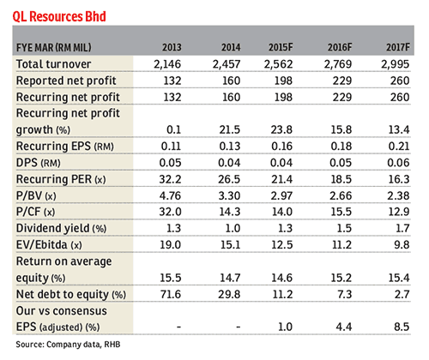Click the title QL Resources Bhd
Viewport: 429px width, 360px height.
coord(59,16)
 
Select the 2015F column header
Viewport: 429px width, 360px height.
coord(281,47)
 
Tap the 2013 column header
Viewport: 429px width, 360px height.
coord(172,47)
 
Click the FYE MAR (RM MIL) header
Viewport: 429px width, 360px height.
coord(54,47)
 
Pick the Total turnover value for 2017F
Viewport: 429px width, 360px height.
coord(395,64)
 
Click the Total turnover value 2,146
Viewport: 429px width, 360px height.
coord(167,64)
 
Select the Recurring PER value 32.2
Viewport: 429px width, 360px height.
coord(170,179)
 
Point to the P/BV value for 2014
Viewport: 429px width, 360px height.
coord(229,195)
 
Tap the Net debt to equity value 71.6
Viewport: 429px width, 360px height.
coord(170,294)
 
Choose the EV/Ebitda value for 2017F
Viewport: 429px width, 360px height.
coord(402,245)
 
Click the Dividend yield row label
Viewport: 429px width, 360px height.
coord(61,228)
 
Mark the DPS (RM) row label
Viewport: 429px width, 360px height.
coord(39,163)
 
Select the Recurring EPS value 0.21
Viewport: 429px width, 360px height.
coord(399,147)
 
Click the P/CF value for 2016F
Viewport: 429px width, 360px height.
coord(341,212)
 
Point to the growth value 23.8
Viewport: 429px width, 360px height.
coord(281,130)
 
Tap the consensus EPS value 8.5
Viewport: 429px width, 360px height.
coord(402,327)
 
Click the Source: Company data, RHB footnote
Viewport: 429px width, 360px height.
coord(68,345)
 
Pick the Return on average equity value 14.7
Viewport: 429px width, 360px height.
coord(229,278)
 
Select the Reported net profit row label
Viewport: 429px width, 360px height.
coord(66,81)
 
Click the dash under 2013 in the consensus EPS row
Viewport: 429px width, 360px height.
coord(178,327)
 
